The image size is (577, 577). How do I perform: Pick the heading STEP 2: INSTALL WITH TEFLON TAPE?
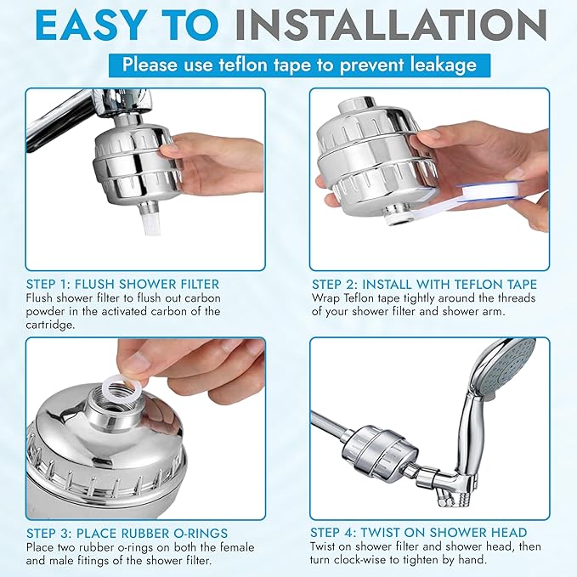(424, 284)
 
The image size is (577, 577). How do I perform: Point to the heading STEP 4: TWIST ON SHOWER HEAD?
(419, 533)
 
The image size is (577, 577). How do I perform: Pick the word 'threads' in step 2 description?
(510, 297)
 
